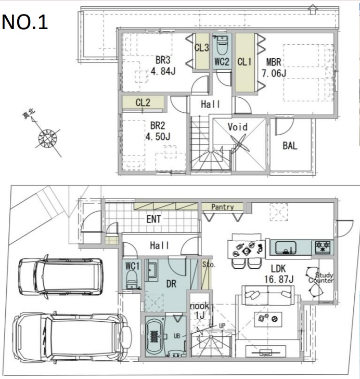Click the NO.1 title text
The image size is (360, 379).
point(24,22)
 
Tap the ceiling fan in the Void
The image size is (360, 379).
point(240,145)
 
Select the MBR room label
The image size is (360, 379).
point(274,62)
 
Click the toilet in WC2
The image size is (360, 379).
point(221,45)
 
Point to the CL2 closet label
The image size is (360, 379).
point(143,102)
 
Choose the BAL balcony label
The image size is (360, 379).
point(290,146)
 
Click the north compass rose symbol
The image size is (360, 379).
point(48,139)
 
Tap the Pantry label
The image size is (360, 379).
point(222,207)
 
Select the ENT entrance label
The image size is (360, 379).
point(153,219)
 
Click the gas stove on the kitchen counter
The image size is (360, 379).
point(323,247)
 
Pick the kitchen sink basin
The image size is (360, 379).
point(285,247)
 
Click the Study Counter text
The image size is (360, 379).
point(321,278)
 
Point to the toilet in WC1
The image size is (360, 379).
point(132,279)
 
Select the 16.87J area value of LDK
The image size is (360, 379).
point(279,279)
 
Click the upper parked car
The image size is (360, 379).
point(61,277)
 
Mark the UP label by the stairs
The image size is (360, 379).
point(222,326)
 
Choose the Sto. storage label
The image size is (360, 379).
point(208,265)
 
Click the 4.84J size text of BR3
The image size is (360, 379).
point(163,71)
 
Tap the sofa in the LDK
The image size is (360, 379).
point(268,295)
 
